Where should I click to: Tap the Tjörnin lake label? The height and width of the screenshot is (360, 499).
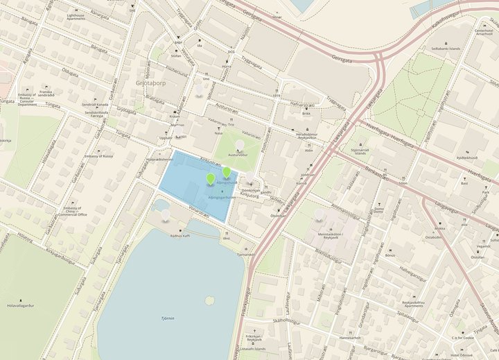167,320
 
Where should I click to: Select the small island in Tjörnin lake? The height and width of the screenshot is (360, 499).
209,301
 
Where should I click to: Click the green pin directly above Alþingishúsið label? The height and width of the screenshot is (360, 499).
227,172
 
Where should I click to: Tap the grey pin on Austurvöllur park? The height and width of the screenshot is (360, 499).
240,145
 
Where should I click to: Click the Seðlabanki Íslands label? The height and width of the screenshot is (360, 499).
446,49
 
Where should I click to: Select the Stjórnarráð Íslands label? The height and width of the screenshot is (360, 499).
361,151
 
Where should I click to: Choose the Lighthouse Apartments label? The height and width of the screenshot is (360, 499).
76,17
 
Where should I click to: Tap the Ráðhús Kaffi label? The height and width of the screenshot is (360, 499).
181,236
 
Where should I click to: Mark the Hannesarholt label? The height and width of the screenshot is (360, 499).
351,338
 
